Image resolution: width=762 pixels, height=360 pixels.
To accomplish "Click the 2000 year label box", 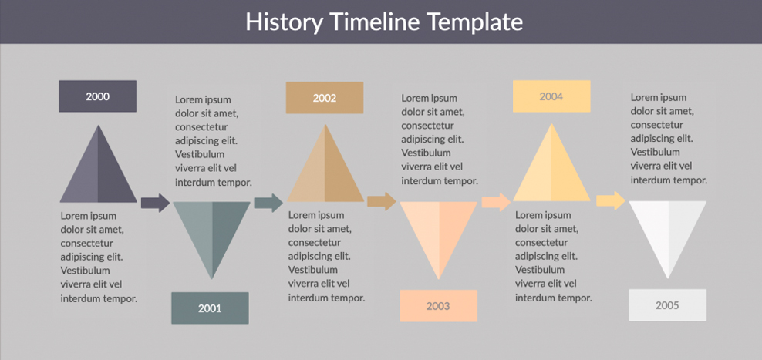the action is coord(98,96).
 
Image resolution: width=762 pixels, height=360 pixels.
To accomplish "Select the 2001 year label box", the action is coord(210,308).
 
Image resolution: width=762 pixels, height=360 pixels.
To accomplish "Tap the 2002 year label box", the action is coord(325,98).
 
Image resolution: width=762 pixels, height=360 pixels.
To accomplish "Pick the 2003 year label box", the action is coord(438,306).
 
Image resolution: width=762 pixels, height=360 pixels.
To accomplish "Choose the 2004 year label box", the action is coord(551,96).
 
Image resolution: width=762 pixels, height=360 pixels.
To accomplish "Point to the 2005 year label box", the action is coord(668,305).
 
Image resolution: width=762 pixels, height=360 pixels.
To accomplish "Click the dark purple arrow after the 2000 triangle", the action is coord(156,203).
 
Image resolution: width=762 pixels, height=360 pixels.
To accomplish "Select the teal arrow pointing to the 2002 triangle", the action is coord(268,203).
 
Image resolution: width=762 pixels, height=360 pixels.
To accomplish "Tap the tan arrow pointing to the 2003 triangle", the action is coord(382,201).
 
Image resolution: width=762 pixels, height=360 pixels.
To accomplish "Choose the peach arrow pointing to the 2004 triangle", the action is coord(497,202).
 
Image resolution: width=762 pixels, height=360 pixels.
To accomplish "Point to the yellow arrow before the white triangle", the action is coord(611,200).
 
